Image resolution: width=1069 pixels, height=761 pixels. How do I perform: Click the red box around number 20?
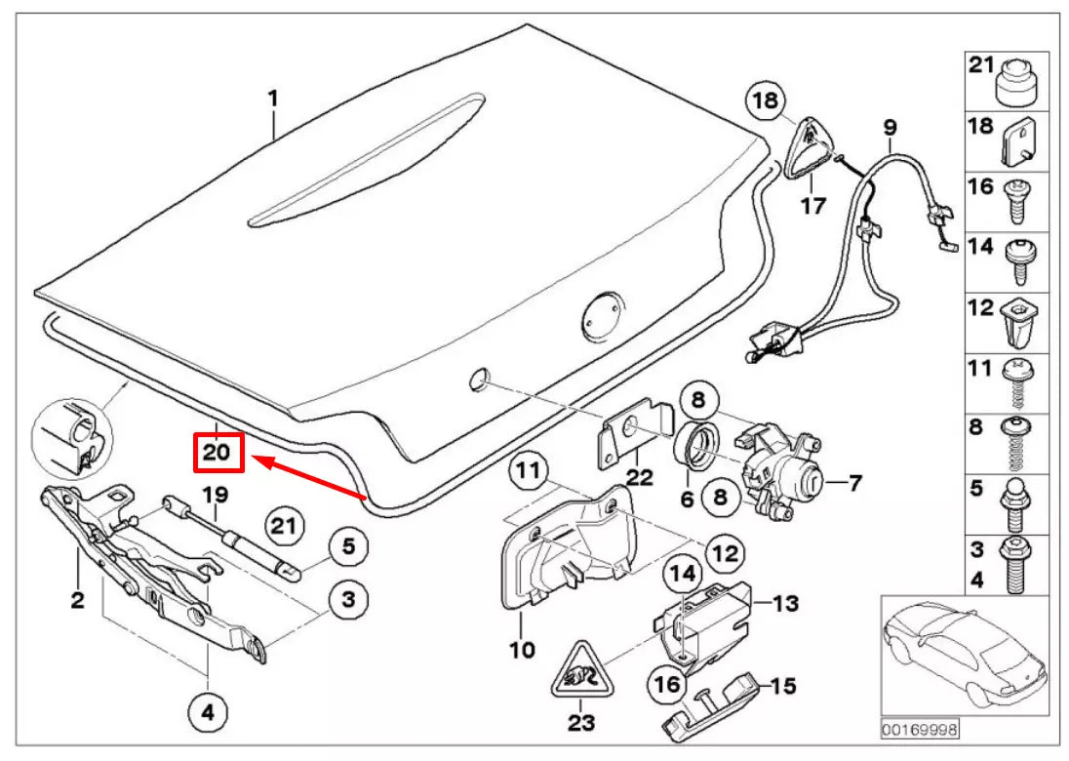217,452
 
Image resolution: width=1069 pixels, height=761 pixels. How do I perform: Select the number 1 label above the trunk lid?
273,99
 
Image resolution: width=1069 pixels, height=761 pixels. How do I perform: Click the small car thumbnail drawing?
965,654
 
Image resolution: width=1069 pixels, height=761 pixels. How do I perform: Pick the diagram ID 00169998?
919,729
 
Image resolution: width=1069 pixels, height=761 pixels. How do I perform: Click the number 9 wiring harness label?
889,127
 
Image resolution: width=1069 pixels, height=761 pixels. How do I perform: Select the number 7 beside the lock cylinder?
854,481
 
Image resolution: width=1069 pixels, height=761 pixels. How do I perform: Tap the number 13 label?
785,604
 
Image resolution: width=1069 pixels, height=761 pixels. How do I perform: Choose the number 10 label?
523,648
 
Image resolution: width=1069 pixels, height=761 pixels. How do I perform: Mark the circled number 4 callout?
207,713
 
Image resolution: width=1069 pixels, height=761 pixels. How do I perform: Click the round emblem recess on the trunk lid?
601,317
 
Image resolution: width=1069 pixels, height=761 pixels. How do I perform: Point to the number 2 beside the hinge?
77,600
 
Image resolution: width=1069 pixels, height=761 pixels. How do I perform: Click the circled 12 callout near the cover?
723,554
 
